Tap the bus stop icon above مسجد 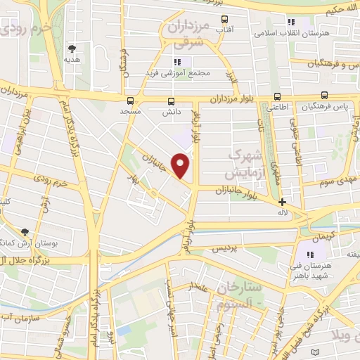[130, 100]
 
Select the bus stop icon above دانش [172, 100]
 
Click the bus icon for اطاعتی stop [277, 96]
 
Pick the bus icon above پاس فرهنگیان [324, 95]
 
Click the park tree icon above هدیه [72, 49]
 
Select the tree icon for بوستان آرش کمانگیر [25, 232]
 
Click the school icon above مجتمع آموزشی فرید [176, 62]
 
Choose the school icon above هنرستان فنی [311, 255]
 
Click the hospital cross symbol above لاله [282, 202]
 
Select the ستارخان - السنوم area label [239, 295]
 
